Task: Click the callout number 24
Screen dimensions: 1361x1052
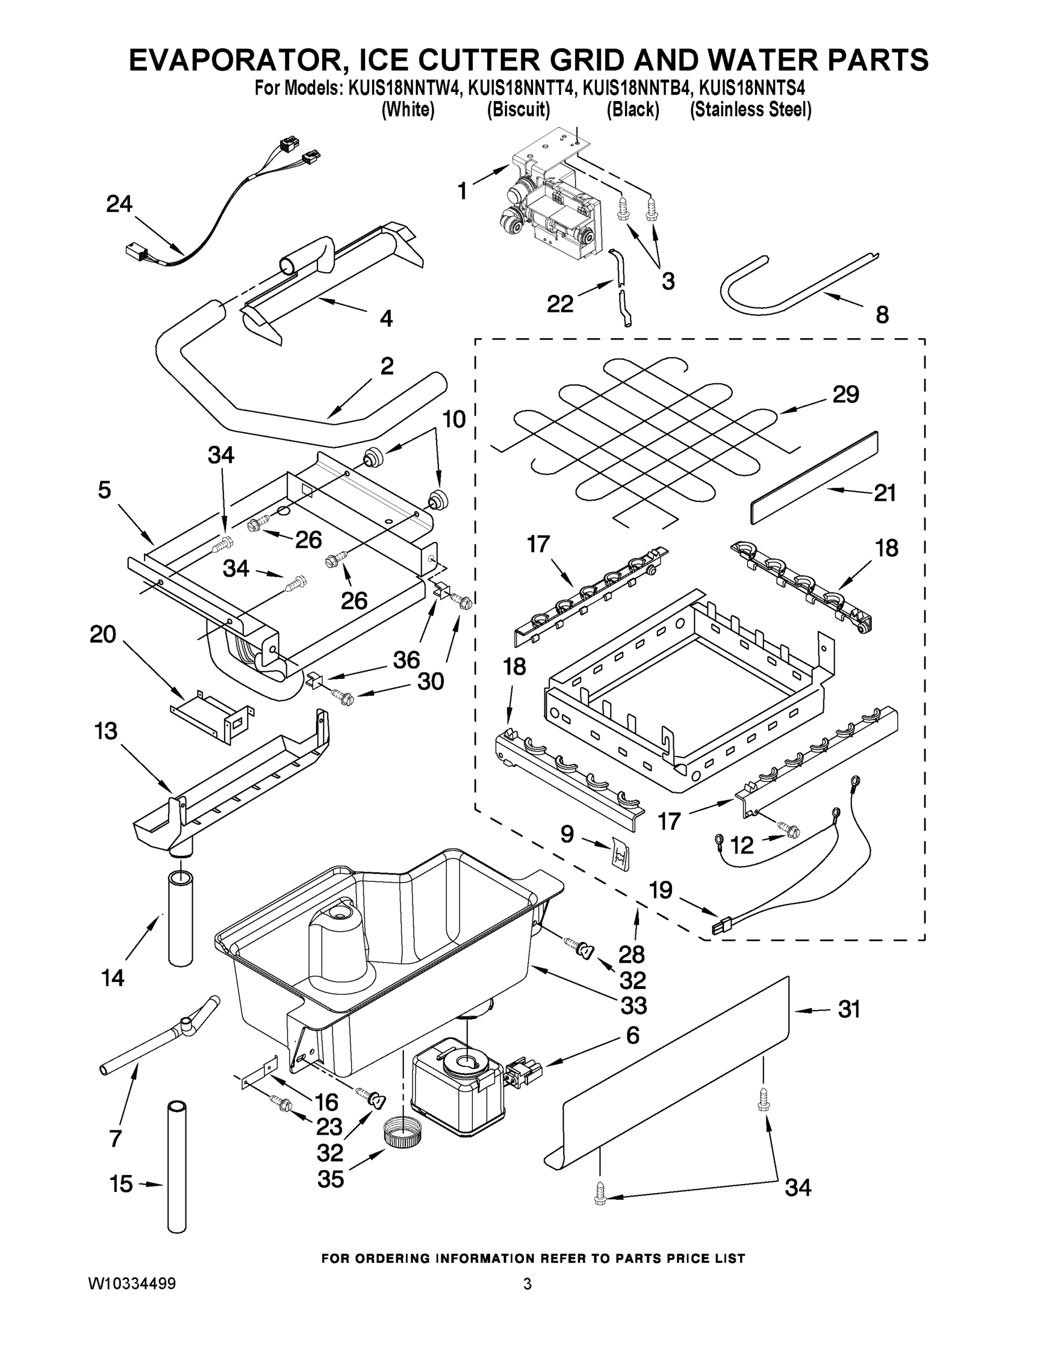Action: (x=119, y=204)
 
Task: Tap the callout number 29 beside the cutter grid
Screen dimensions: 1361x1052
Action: (x=845, y=394)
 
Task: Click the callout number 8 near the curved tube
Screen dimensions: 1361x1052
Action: (x=882, y=315)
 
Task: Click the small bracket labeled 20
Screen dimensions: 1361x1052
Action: (x=212, y=716)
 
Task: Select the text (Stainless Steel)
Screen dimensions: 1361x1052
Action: (x=750, y=109)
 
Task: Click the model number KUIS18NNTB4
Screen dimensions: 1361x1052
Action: (x=633, y=88)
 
